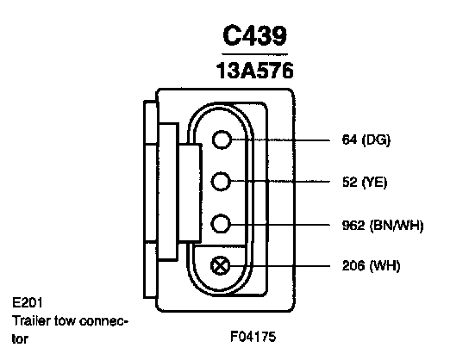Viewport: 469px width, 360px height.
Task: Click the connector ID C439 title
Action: tap(255, 35)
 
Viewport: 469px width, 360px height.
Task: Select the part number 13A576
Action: tap(255, 71)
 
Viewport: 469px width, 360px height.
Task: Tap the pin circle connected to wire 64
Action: tap(222, 140)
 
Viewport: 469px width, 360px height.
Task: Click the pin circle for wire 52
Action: tap(221, 182)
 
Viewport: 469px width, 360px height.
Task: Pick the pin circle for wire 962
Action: tap(221, 223)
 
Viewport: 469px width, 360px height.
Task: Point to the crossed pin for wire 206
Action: tap(221, 266)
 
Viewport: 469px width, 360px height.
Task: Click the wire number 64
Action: tap(350, 140)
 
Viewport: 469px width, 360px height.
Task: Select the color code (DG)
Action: tap(376, 140)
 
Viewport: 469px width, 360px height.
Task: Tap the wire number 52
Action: tap(350, 182)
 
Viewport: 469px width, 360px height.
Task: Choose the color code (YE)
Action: tap(374, 183)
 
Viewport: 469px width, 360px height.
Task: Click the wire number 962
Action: tap(353, 225)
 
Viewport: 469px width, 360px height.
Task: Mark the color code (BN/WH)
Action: tap(397, 226)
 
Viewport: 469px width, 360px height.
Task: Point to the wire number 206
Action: tap(353, 265)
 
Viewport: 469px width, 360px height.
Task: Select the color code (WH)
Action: tap(385, 266)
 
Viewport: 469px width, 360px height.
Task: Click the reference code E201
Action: tap(28, 302)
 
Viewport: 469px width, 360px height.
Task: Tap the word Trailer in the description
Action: tap(31, 321)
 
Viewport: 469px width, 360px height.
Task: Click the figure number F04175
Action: tap(253, 337)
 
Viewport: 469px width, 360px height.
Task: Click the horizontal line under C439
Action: tap(254, 54)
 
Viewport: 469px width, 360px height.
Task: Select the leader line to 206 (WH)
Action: tap(280, 266)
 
